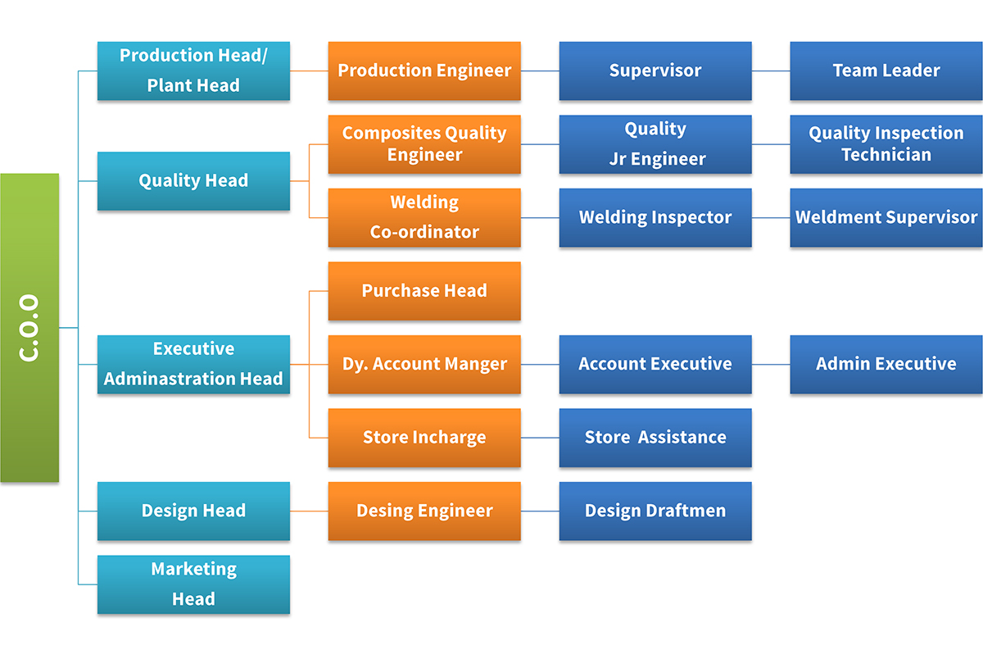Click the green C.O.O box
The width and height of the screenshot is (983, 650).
click(x=29, y=328)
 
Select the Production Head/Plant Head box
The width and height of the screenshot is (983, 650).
click(x=193, y=70)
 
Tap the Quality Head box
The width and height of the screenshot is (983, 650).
click(x=193, y=181)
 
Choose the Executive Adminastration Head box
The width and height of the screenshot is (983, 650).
click(x=193, y=364)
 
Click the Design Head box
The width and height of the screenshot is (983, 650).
click(x=193, y=511)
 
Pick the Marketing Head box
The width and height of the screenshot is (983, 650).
click(x=193, y=584)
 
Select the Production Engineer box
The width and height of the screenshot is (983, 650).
click(x=424, y=70)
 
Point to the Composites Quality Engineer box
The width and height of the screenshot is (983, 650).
click(x=424, y=144)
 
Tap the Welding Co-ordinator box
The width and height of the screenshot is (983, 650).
click(x=424, y=217)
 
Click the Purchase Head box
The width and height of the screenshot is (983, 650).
click(x=424, y=291)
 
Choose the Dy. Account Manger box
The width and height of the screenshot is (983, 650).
click(x=424, y=364)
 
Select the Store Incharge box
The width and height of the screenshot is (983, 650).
click(x=424, y=438)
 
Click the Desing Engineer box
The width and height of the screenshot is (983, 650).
click(x=424, y=511)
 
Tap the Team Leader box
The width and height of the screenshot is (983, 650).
click(x=886, y=70)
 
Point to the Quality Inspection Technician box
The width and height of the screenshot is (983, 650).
click(x=886, y=144)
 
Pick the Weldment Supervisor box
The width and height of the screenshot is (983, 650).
click(x=886, y=217)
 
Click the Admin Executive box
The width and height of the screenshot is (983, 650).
click(x=886, y=364)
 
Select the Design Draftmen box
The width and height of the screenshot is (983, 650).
click(x=655, y=511)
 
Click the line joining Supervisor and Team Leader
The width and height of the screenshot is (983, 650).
click(x=771, y=70)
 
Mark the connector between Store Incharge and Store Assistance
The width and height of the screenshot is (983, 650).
click(x=540, y=438)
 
